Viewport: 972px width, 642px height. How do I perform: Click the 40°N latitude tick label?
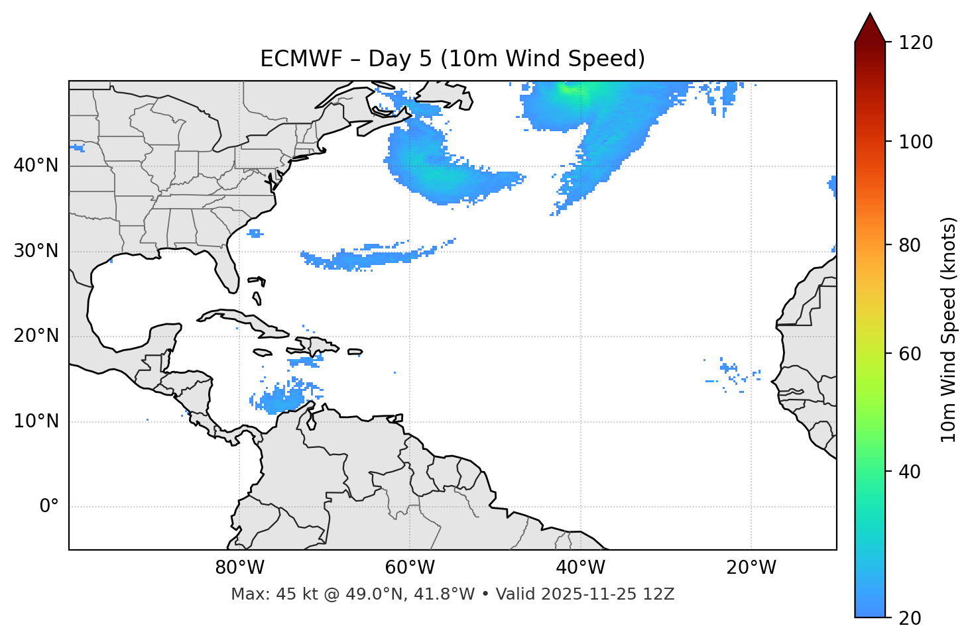pyautogui.click(x=36, y=166)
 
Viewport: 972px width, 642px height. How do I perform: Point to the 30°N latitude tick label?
pyautogui.click(x=36, y=251)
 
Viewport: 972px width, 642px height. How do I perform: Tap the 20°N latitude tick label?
pyautogui.click(x=36, y=336)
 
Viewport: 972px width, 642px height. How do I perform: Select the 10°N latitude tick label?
pyautogui.click(x=36, y=421)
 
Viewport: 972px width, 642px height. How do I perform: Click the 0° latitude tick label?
pyautogui.click(x=49, y=507)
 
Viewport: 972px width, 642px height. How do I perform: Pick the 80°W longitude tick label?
pyautogui.click(x=239, y=568)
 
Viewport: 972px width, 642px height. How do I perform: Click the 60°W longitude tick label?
pyautogui.click(x=410, y=568)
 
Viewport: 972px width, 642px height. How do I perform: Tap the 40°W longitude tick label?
pyautogui.click(x=580, y=568)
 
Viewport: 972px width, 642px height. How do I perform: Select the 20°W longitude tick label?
pyautogui.click(x=751, y=568)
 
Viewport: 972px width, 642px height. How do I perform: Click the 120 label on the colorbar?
pyautogui.click(x=916, y=42)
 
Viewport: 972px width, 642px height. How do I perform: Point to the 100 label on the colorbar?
pyautogui.click(x=916, y=142)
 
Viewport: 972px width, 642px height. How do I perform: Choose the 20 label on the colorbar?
pyautogui.click(x=910, y=618)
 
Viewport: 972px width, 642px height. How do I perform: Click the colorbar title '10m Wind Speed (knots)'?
pyautogui.click(x=949, y=330)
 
